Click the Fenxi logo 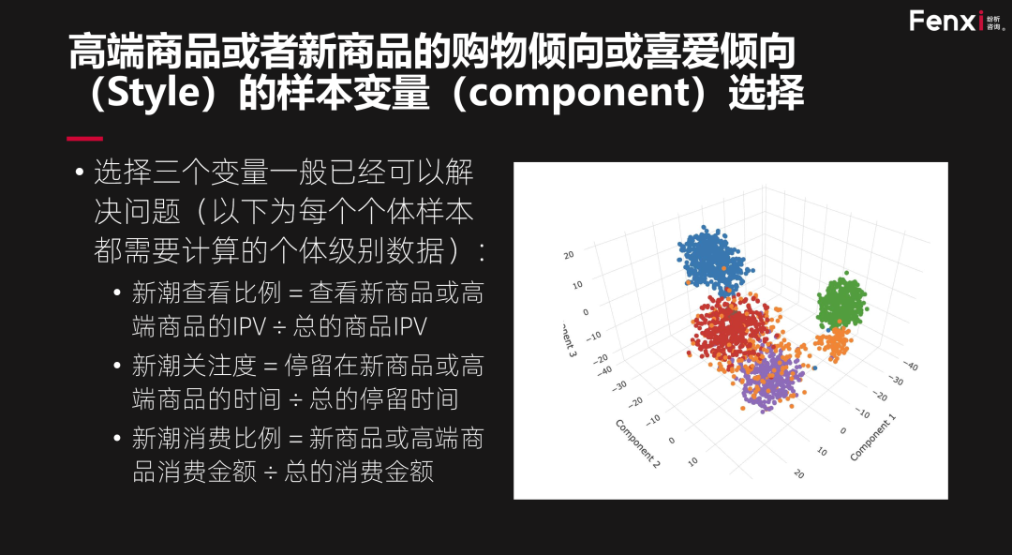[x=957, y=21]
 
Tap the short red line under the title [x=84, y=138]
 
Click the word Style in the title [x=155, y=93]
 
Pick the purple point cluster [x=771, y=380]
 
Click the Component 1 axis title [x=872, y=438]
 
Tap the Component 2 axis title [x=638, y=443]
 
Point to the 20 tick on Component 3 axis [x=569, y=255]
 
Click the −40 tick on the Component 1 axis [x=910, y=365]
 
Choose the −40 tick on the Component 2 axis [x=604, y=371]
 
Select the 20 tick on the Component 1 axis [x=799, y=473]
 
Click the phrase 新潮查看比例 [x=206, y=292]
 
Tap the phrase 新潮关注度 [x=194, y=366]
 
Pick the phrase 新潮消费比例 [x=206, y=438]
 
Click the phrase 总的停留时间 [x=384, y=399]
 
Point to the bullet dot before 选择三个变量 [x=80, y=172]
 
